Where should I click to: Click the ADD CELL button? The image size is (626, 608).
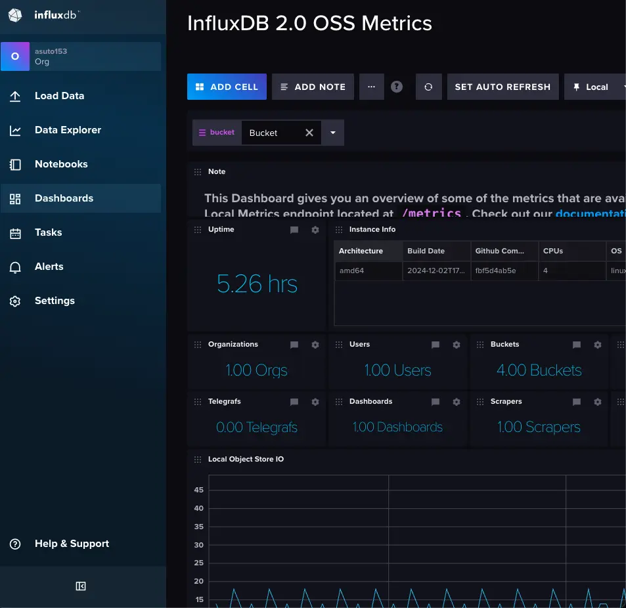coord(227,87)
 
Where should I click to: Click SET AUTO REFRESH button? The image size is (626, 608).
coord(503,87)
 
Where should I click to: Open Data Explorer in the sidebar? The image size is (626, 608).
coord(68,130)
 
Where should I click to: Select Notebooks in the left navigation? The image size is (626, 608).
coord(61,164)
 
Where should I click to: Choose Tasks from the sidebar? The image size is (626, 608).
coord(48,232)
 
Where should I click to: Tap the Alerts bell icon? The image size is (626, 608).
coord(15,267)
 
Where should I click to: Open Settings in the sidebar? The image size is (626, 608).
coord(55,301)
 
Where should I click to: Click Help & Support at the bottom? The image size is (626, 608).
coord(72,544)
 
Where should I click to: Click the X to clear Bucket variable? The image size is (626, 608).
coord(309,133)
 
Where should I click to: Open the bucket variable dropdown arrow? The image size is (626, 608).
coord(333,133)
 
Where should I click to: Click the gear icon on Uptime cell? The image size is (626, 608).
coord(315,230)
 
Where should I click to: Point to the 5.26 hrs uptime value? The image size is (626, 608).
coord(257,284)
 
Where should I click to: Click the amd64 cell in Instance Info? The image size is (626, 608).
coord(351,271)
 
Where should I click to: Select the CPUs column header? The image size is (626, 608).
coord(553,251)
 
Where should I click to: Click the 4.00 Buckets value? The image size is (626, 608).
coord(539,370)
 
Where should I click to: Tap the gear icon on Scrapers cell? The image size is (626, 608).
coord(598,402)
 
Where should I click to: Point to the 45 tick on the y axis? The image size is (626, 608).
coord(198,490)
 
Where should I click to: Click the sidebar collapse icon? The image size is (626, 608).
coord(81,586)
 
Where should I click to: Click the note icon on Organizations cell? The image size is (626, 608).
coord(294,345)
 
